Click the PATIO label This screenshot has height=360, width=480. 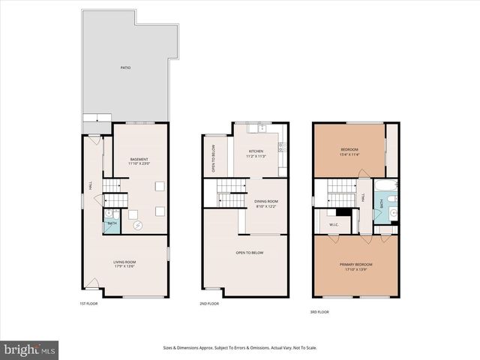126,68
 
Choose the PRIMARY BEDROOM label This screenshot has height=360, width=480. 356,266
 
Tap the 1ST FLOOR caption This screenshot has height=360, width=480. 88,304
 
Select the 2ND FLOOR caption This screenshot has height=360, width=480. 208,304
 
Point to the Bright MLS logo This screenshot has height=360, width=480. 30,349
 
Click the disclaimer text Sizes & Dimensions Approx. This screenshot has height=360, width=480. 240,347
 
